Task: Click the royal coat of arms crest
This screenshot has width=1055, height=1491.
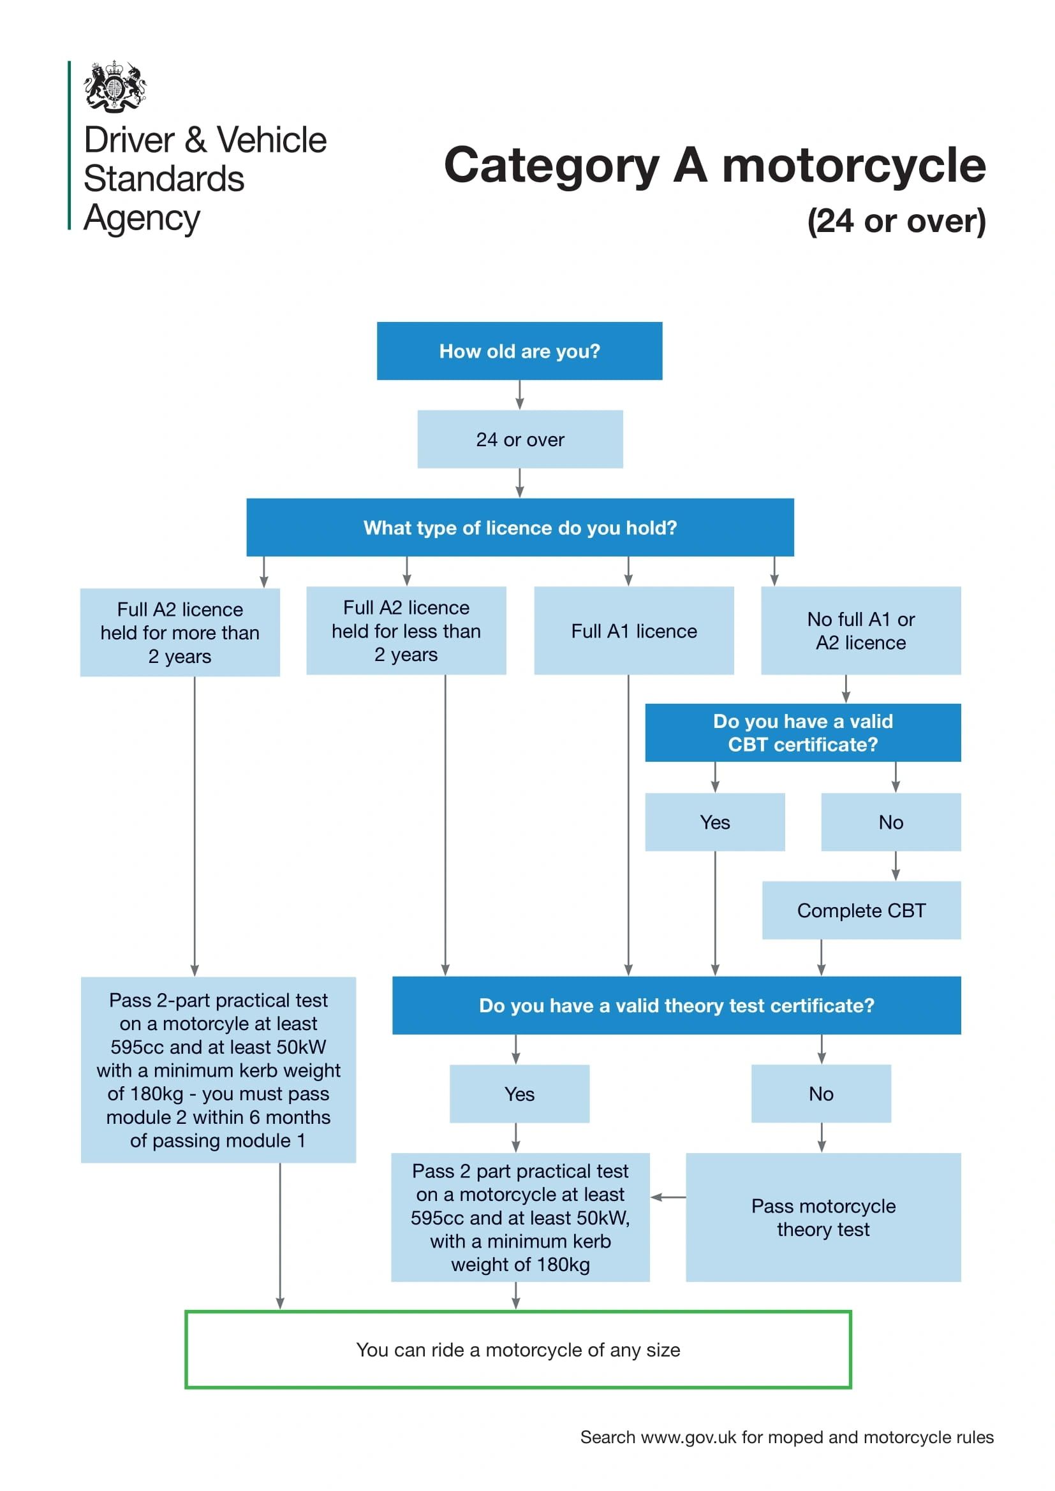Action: [114, 86]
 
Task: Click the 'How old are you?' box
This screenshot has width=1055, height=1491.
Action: [519, 351]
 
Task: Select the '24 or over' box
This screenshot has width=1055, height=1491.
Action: [520, 439]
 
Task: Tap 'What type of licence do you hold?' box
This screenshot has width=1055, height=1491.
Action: [520, 527]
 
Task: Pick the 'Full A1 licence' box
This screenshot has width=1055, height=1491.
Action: [633, 630]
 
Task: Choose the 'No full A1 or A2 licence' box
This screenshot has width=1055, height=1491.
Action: [860, 630]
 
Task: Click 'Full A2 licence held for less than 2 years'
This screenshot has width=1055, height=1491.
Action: [406, 630]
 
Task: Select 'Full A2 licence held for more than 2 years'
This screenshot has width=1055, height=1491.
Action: [180, 632]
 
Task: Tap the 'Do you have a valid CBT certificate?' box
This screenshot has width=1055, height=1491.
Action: [802, 732]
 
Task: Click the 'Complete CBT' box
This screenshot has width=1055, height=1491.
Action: [860, 910]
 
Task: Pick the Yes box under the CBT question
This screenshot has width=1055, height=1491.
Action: [714, 822]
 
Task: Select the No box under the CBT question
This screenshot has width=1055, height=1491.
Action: [890, 822]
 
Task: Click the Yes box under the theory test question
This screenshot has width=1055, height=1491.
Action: [519, 1094]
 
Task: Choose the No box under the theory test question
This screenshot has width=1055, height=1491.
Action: [821, 1094]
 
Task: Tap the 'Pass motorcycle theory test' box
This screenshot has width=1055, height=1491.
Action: [823, 1217]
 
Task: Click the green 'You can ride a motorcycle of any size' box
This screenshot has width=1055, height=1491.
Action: [518, 1349]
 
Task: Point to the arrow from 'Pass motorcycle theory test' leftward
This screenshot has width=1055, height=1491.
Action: [668, 1197]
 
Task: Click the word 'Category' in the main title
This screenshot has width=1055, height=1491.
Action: [552, 166]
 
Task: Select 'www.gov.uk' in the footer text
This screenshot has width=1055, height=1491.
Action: [688, 1437]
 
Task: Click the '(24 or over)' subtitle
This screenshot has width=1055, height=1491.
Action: [896, 221]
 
